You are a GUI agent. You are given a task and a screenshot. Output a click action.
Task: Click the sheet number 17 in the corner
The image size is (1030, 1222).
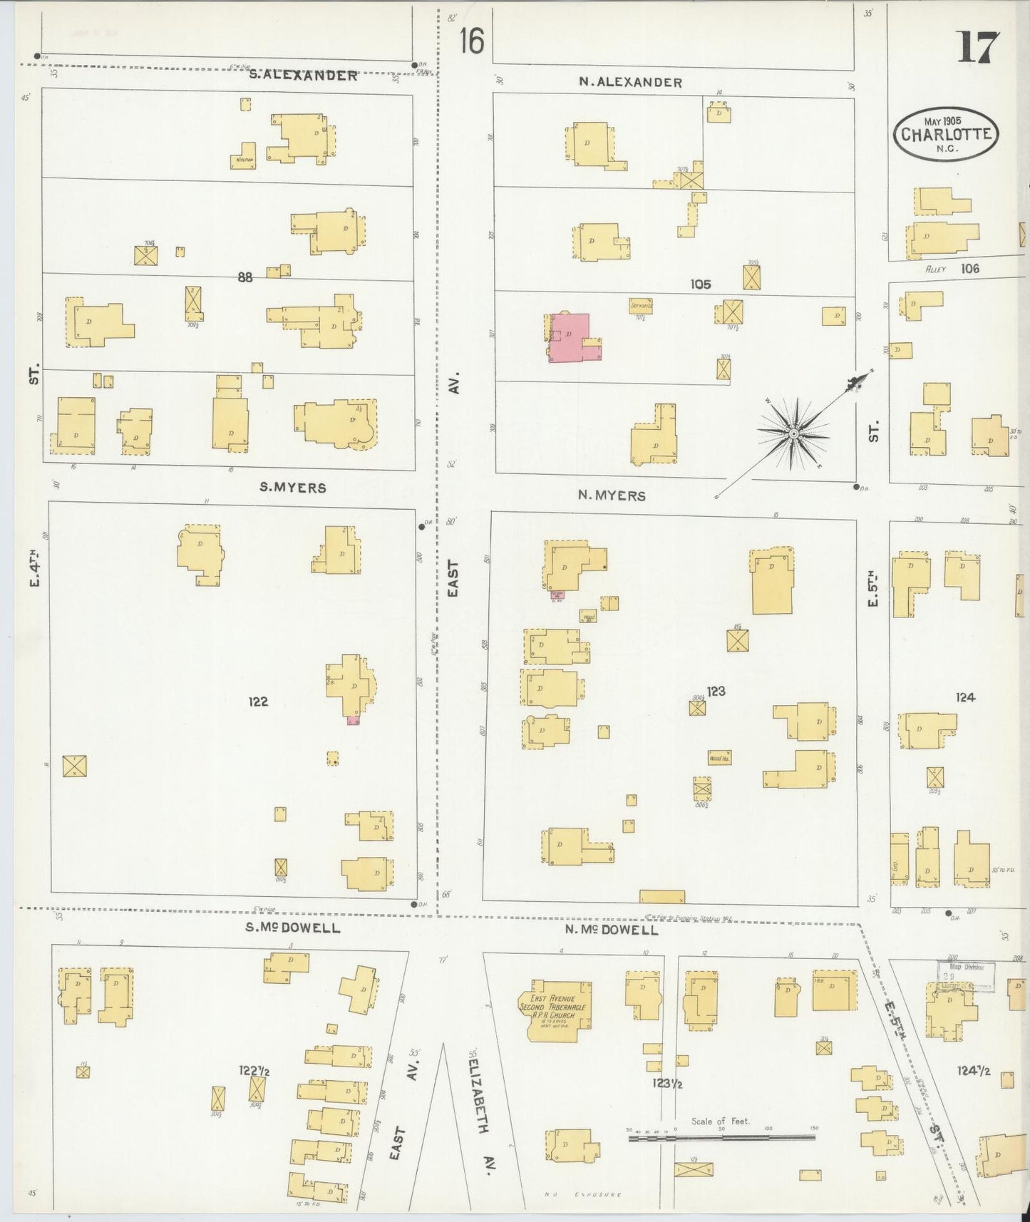[x=979, y=48]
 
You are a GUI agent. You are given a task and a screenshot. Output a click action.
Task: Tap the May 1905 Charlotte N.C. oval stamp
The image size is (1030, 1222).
[x=946, y=133]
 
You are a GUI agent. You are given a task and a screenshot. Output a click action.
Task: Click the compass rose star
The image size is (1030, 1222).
[x=793, y=433]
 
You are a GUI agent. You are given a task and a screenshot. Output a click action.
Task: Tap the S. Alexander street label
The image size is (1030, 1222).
[x=303, y=75]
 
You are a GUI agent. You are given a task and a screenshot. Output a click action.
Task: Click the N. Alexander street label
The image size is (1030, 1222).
[x=630, y=83]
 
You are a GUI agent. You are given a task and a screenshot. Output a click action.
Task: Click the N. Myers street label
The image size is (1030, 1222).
[x=612, y=495]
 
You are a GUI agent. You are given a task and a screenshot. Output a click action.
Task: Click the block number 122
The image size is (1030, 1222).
[x=257, y=702]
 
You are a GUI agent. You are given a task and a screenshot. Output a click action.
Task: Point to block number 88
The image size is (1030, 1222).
[x=245, y=278]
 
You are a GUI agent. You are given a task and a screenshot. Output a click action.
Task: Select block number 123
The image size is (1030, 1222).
[x=716, y=691]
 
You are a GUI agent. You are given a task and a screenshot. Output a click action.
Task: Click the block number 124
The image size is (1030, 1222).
[x=965, y=697]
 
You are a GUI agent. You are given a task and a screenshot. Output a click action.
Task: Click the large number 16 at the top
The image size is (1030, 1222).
[x=471, y=41]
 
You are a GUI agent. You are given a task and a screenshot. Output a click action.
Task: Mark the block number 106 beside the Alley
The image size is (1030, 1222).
[x=969, y=269]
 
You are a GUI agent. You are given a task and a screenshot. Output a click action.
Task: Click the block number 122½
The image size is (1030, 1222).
[x=255, y=1070]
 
